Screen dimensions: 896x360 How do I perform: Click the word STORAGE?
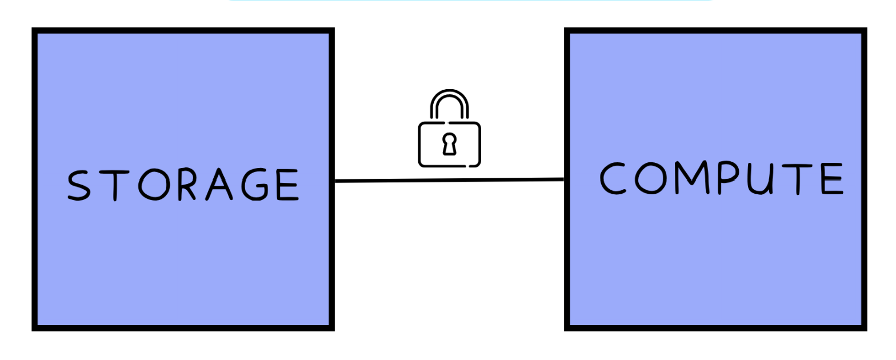[183, 185]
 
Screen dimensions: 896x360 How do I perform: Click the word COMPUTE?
[721, 178]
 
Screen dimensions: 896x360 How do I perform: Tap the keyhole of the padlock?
[449, 144]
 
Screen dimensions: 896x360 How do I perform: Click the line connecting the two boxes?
[449, 181]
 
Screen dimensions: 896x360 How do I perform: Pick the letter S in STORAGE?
[79, 185]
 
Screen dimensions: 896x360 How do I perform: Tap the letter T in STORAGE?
[115, 185]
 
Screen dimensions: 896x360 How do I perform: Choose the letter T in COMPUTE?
[798, 179]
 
